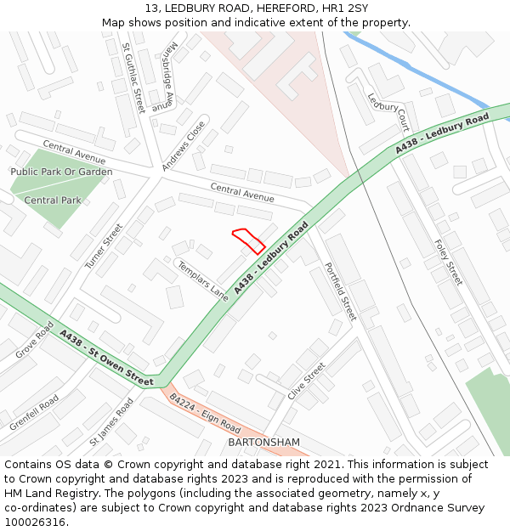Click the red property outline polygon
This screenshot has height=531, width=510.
click(x=249, y=241)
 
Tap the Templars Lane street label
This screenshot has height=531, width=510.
click(x=203, y=281)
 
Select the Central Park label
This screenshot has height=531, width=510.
click(x=53, y=201)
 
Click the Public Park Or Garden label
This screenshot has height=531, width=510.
click(x=61, y=172)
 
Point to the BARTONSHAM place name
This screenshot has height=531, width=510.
click(x=264, y=443)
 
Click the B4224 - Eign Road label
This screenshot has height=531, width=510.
click(x=205, y=414)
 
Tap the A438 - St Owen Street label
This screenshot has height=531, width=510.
click(x=107, y=357)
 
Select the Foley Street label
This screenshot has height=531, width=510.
click(x=447, y=262)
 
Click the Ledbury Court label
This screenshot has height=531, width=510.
click(x=388, y=111)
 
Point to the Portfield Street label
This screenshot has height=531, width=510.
click(x=338, y=291)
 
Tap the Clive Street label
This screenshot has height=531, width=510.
click(x=307, y=381)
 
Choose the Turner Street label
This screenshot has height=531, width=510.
click(x=104, y=246)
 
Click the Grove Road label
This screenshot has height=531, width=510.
click(x=34, y=340)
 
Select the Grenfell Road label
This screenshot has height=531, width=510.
click(x=35, y=412)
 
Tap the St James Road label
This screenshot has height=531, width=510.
click(x=111, y=423)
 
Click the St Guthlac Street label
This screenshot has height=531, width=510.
click(x=133, y=77)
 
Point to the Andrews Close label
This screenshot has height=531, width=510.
click(x=184, y=145)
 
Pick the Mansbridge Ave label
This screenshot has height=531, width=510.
click(x=164, y=76)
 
